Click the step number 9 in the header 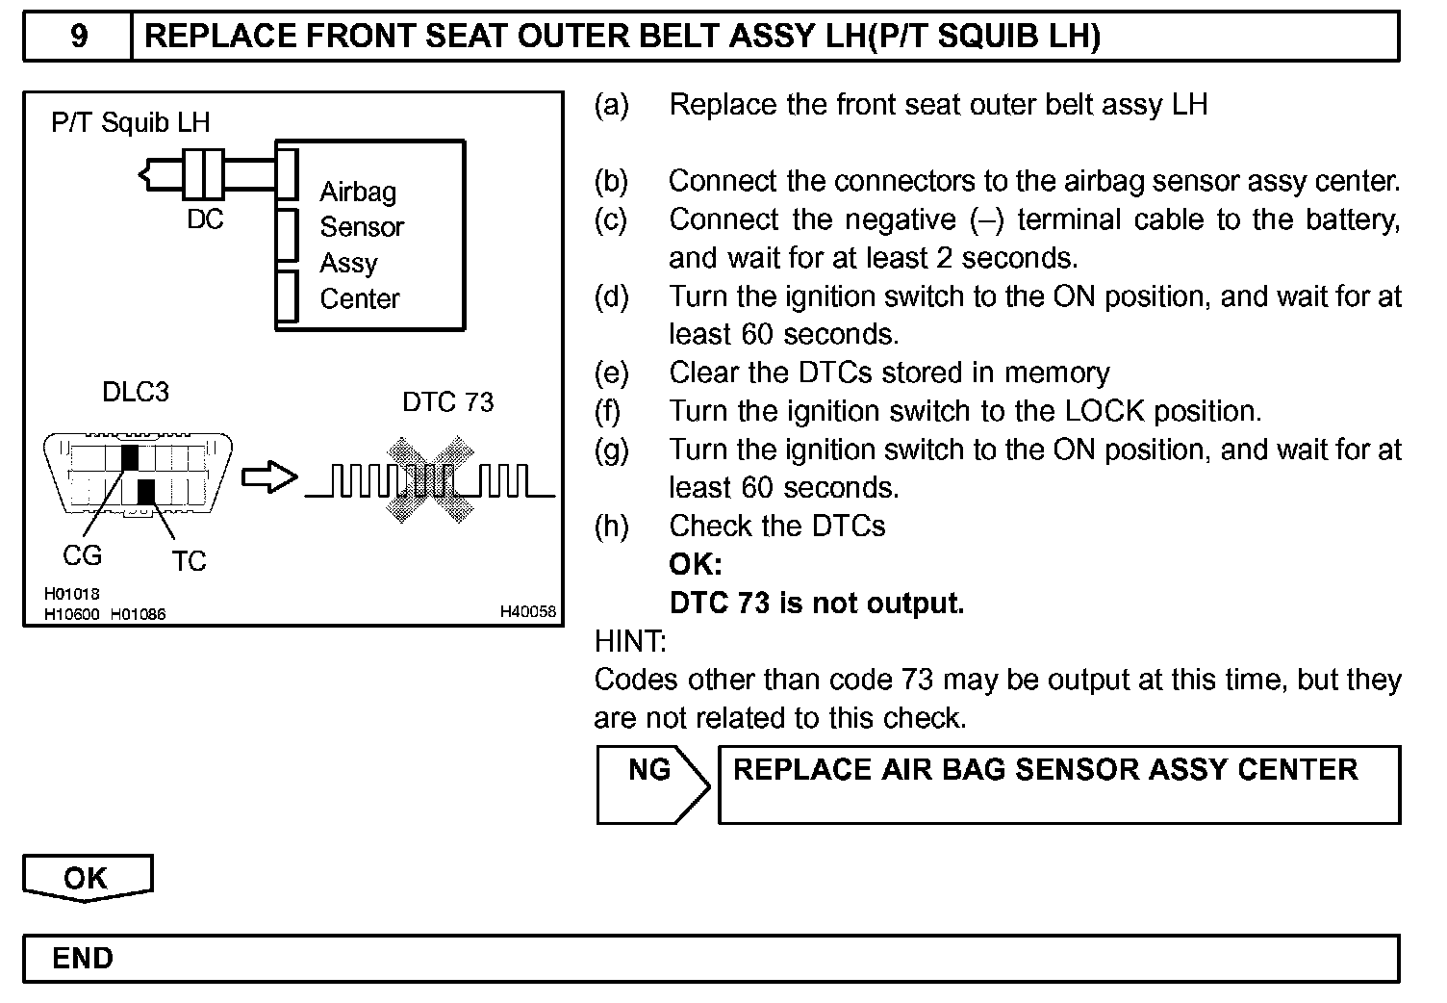79,37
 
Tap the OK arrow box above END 87,877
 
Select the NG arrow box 651,783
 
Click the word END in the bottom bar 83,959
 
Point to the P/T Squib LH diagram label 130,122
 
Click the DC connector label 205,219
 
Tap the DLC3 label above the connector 136,393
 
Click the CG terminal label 82,555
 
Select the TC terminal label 189,561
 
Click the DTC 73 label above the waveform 447,401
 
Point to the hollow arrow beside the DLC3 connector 269,478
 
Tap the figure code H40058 527,611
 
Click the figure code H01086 138,614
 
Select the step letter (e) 611,373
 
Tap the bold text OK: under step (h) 696,564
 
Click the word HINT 630,640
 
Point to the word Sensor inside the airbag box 362,227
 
